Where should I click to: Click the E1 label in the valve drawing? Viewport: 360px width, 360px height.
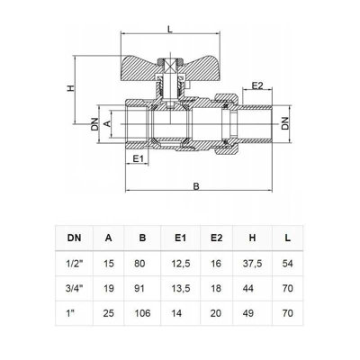[x=138, y=158]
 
